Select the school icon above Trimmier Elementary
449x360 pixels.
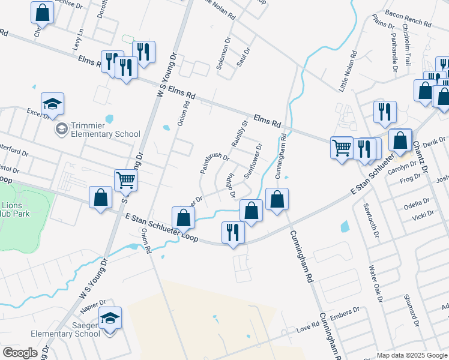coord(53,104)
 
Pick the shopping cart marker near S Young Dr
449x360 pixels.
coord(125,180)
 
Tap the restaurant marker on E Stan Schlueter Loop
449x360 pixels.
coord(233,232)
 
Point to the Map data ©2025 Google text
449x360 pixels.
coord(411,355)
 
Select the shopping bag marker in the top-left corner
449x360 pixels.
coord(42,13)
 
